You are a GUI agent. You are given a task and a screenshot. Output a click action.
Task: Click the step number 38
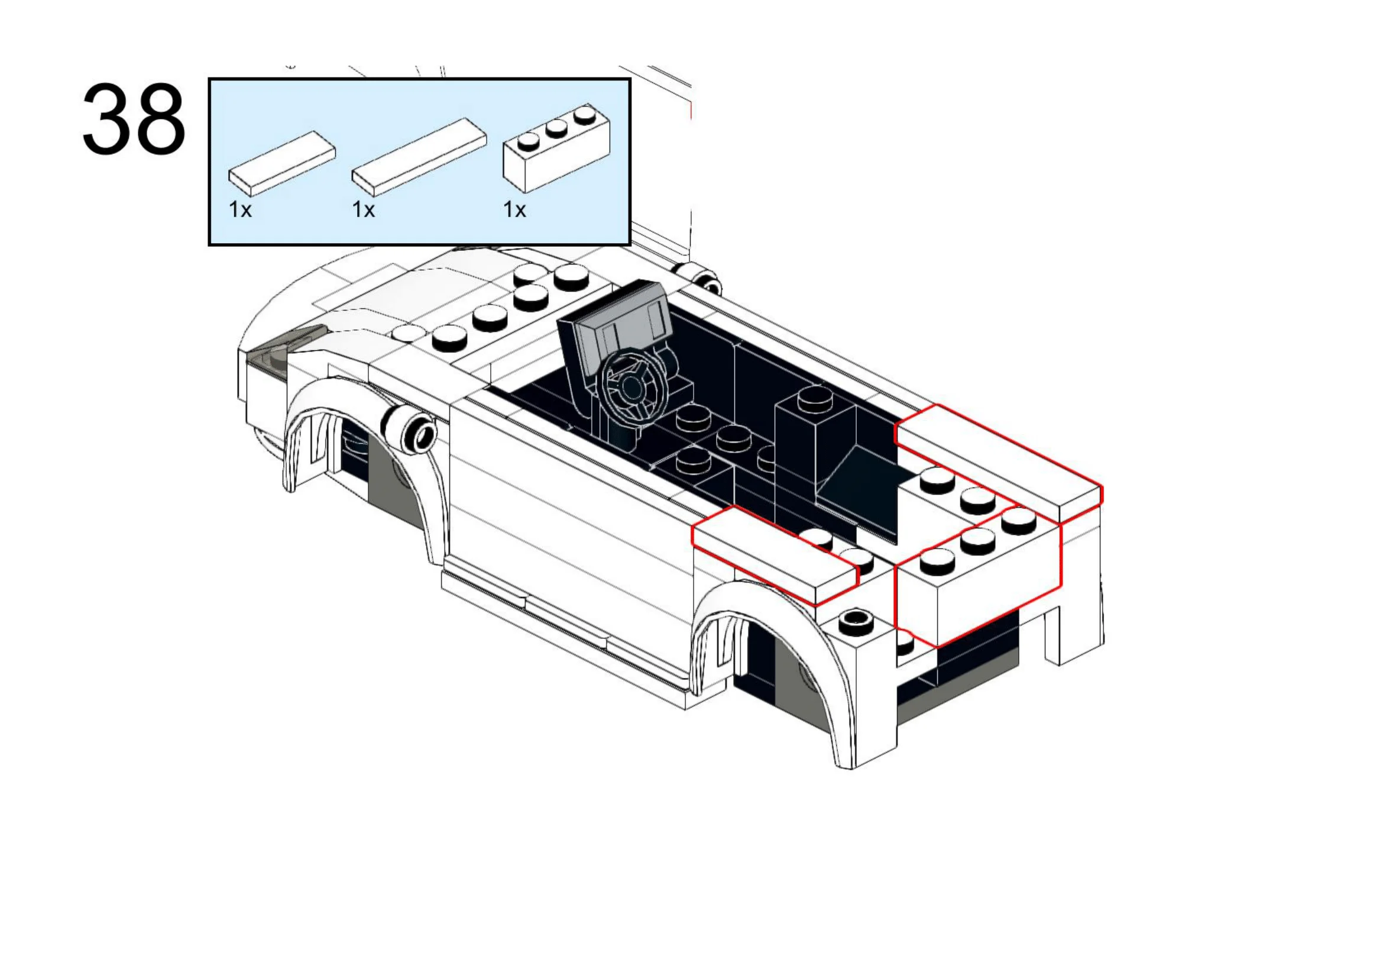[x=133, y=120]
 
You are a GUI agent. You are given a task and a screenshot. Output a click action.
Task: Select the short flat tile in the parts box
[x=281, y=163]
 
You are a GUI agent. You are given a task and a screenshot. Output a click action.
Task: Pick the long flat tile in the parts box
[x=419, y=157]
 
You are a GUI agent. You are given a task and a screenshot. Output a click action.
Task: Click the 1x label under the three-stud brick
[x=514, y=209]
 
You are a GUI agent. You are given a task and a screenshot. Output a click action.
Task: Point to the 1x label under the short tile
[x=239, y=209]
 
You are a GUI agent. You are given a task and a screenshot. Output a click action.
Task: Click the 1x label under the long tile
[x=363, y=209]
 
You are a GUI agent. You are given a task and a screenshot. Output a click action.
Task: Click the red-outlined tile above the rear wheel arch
[x=774, y=554]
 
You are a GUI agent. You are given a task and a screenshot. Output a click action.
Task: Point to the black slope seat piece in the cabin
[x=856, y=482]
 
